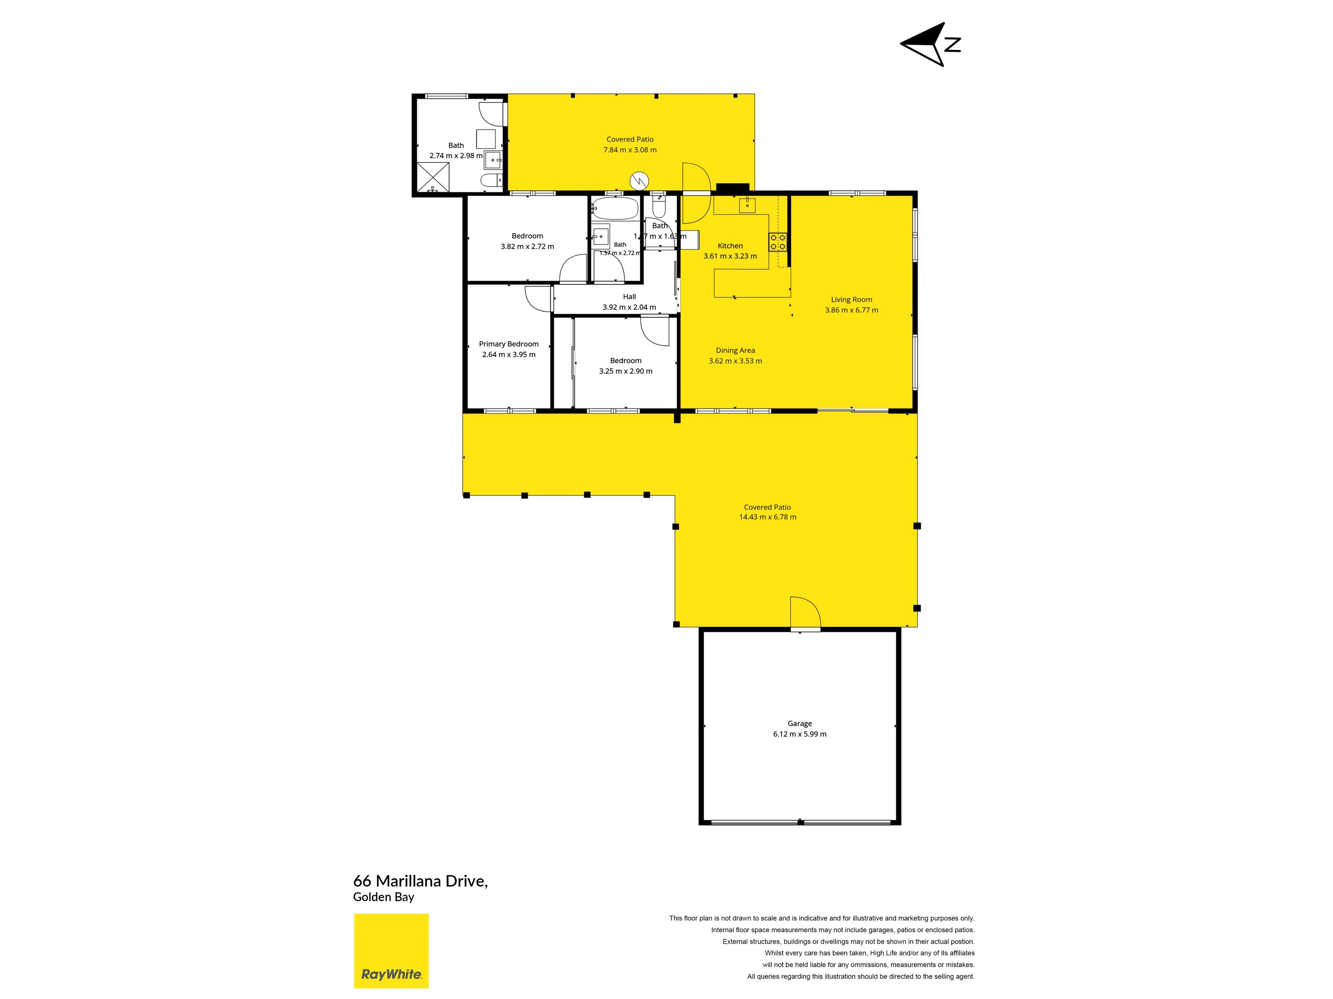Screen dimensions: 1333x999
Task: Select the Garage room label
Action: point(800,723)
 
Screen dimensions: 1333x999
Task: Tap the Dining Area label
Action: point(735,350)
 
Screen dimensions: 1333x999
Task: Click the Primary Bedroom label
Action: point(509,344)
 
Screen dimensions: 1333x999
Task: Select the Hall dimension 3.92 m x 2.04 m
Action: point(629,307)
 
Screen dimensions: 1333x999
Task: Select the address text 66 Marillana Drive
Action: point(420,881)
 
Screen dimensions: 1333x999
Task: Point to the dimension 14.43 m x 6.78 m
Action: point(767,516)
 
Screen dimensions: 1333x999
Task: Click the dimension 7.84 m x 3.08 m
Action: point(630,150)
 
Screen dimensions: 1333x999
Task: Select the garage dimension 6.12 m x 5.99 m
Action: point(800,734)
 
